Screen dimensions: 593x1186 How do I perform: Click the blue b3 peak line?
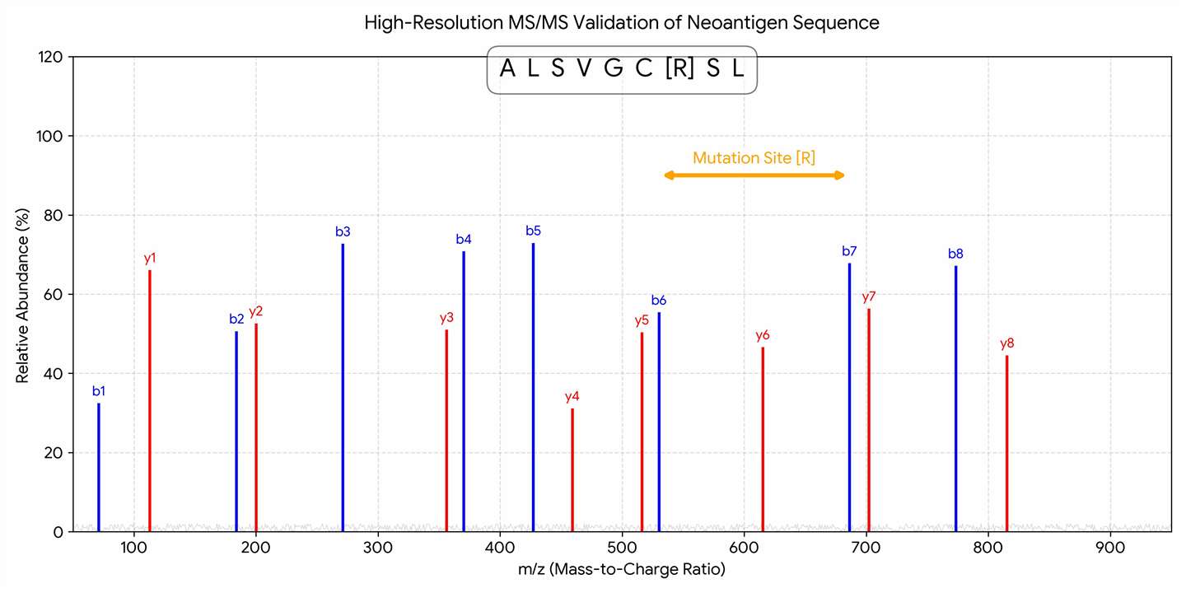[x=343, y=387]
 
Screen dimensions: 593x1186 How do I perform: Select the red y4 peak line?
[x=572, y=469]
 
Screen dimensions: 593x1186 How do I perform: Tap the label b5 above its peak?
[x=533, y=231]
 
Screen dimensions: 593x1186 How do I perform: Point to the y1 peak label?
[x=150, y=258]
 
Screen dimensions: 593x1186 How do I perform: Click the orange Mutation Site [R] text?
[x=754, y=158]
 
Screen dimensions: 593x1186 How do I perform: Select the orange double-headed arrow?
[x=754, y=175]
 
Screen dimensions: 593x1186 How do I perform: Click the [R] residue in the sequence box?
[x=679, y=69]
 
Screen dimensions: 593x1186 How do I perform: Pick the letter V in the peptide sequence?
[x=583, y=69]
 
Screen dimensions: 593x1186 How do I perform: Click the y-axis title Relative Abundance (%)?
[x=23, y=294]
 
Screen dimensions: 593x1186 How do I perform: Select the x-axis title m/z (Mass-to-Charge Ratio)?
[x=622, y=569]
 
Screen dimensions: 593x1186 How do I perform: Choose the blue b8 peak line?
[x=955, y=399]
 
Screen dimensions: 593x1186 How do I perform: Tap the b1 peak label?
[x=99, y=391]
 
